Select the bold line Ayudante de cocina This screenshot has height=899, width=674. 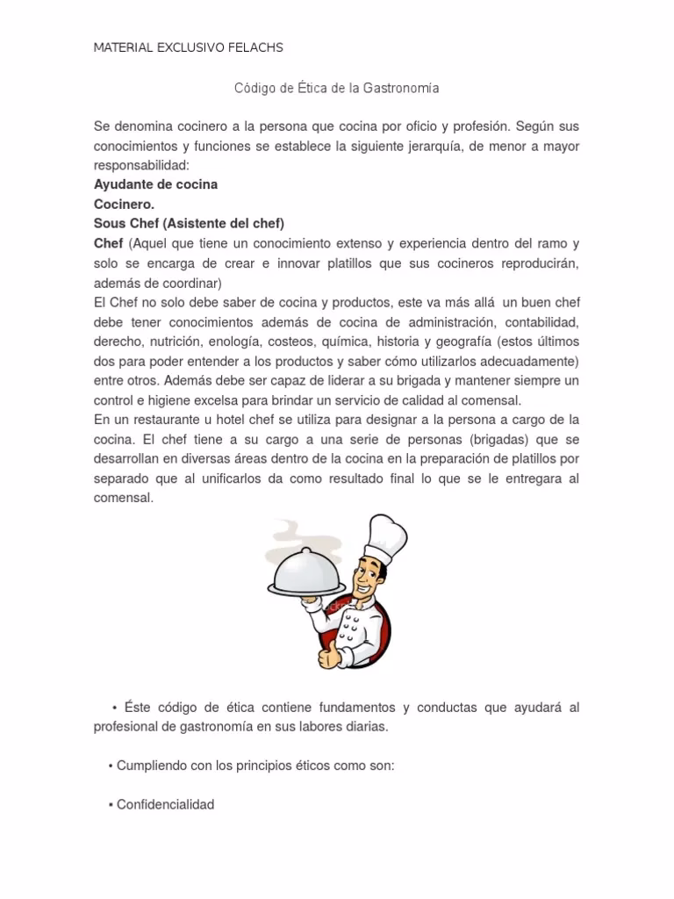pos(155,184)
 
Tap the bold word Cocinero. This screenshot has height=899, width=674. pos(124,204)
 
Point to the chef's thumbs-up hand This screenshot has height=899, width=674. pos(330,653)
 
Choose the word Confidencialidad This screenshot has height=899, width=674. pos(165,804)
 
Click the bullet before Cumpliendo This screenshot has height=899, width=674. pos(111,766)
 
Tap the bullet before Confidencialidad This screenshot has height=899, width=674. pos(111,804)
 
